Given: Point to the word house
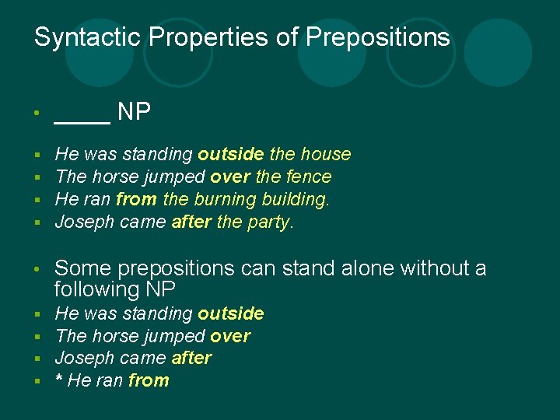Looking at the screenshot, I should (325, 155).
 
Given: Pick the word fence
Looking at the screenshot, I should (309, 177).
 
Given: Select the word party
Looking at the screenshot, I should (269, 222).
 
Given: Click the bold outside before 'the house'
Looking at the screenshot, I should (230, 155).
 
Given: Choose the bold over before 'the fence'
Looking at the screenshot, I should (230, 177).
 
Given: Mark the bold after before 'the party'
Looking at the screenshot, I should (191, 222).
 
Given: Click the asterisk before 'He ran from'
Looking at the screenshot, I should (59, 380).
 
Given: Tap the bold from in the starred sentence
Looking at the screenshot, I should (149, 381).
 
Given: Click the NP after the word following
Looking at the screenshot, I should (159, 289).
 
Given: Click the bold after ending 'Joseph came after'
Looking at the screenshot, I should (191, 359).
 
